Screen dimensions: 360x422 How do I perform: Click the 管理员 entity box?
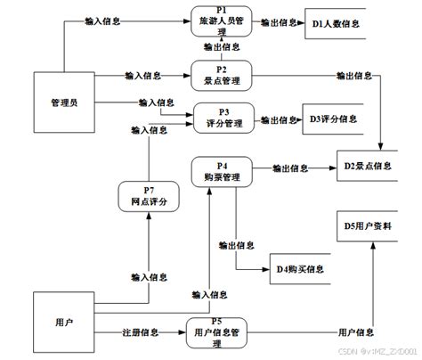click(64, 103)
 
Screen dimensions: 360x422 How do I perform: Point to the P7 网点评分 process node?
click(148, 197)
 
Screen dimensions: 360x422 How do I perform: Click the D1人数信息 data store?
click(336, 23)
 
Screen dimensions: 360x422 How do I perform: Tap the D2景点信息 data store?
click(365, 166)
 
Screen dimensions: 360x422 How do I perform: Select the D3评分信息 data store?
click(335, 119)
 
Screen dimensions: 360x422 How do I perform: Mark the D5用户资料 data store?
click(365, 227)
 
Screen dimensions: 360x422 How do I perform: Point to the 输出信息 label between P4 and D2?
click(290, 167)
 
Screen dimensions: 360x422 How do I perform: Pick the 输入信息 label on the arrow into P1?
click(103, 19)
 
